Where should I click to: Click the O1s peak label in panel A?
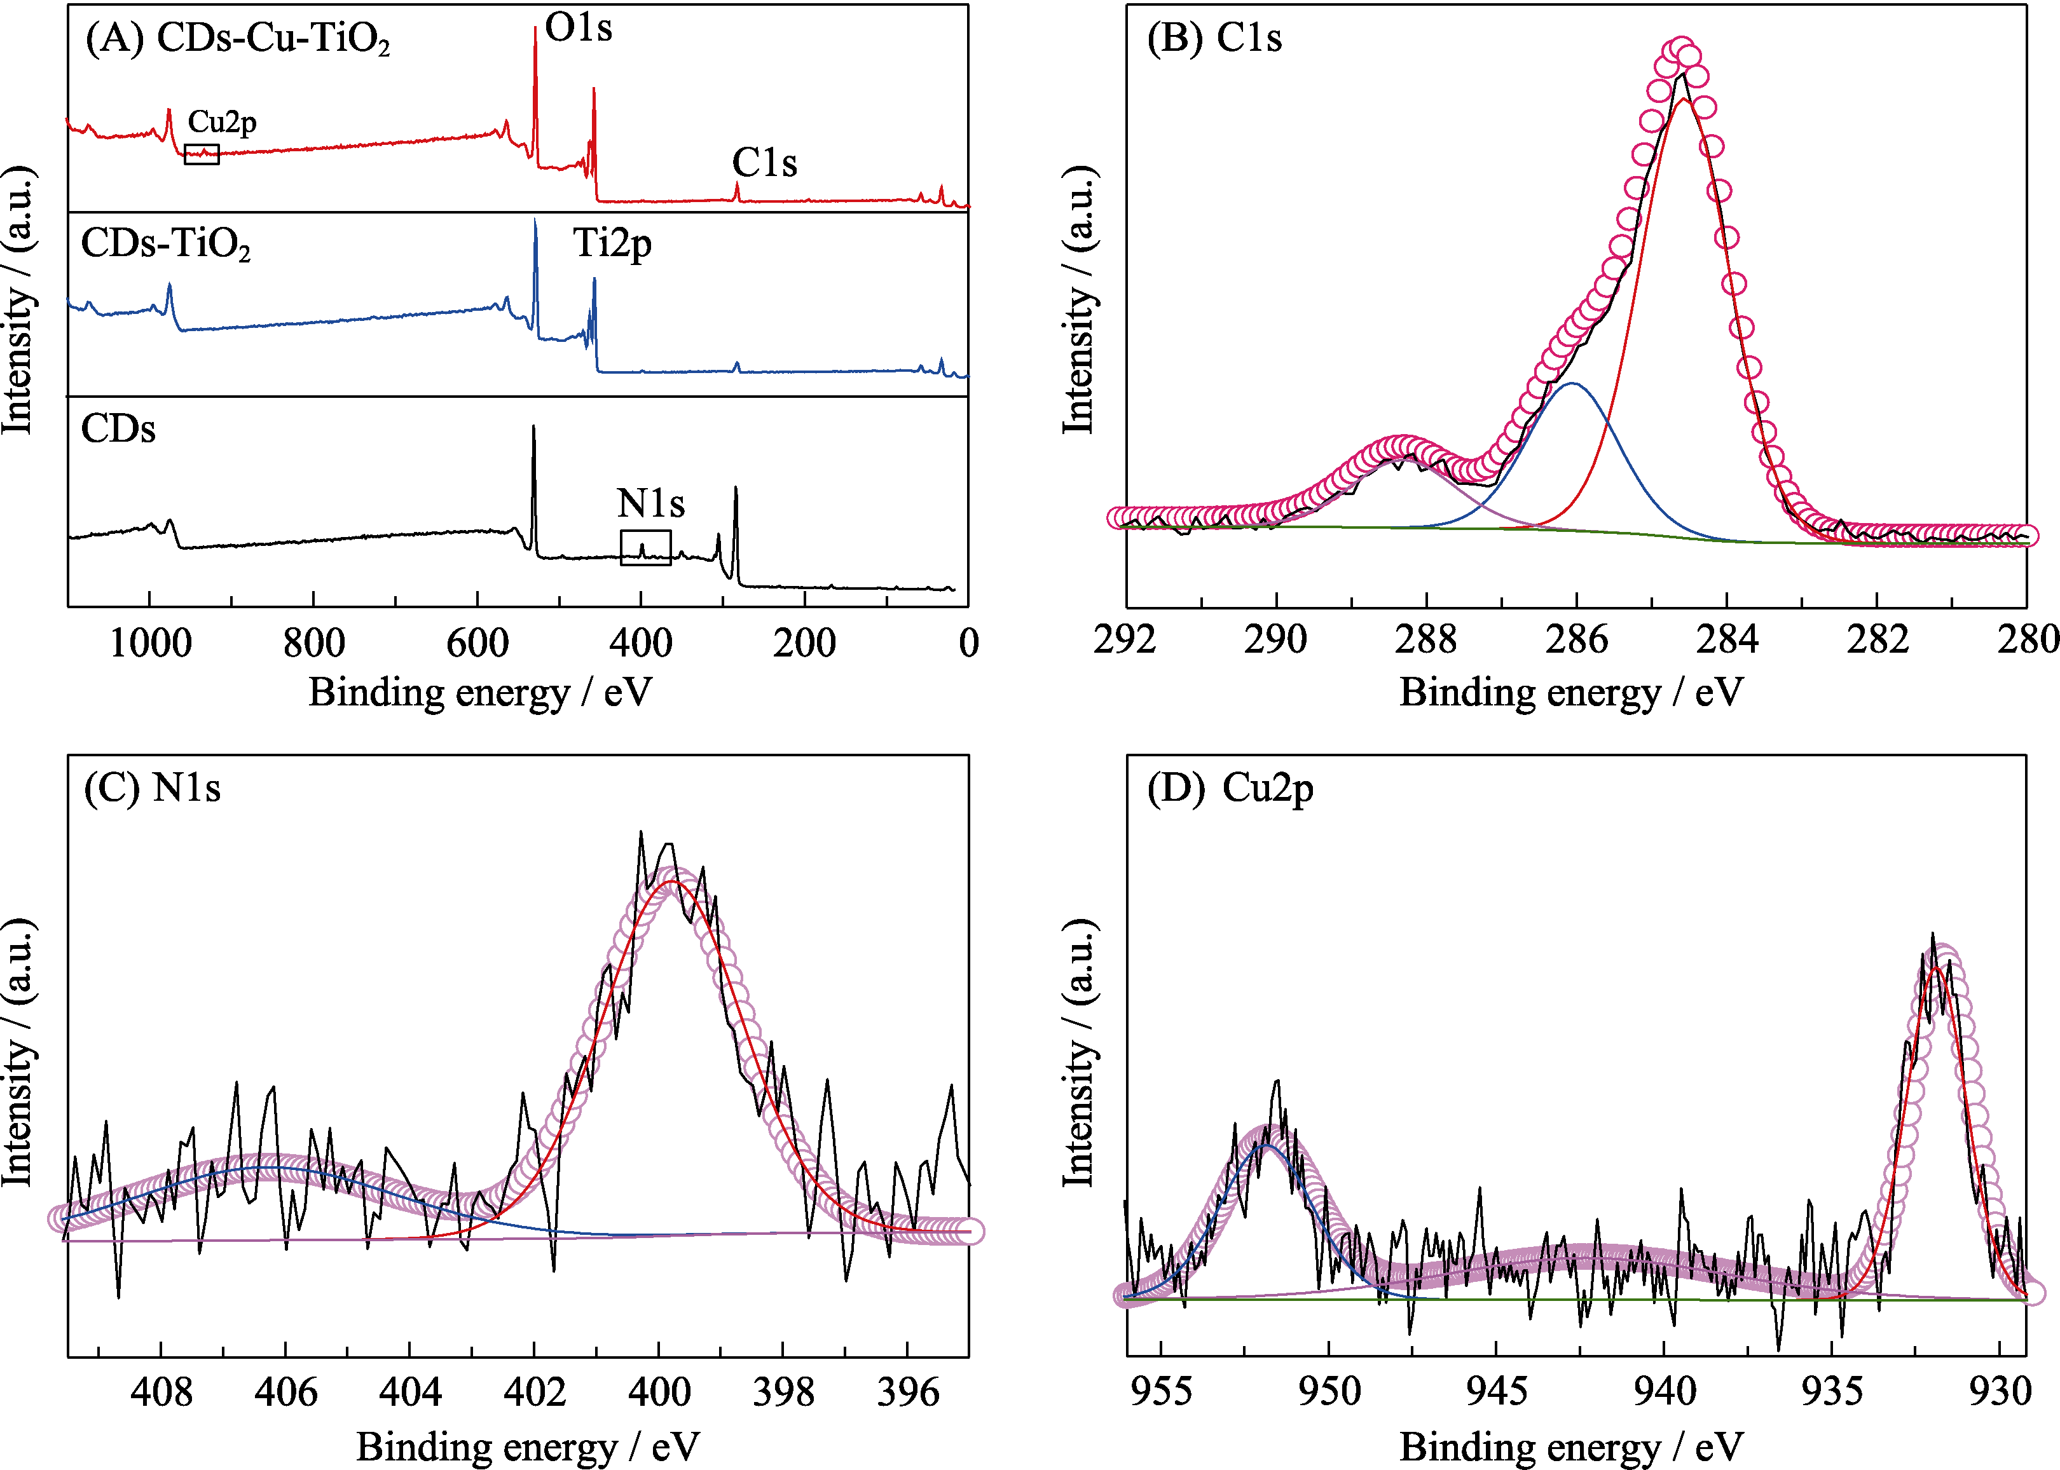579,29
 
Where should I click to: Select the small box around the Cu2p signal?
201,154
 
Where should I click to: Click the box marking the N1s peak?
645,548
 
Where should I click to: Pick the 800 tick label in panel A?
313,644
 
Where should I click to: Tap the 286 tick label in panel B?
1576,640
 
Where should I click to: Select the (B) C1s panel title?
1214,38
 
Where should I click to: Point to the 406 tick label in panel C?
285,1392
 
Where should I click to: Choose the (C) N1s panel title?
152,787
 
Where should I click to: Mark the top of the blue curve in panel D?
1267,1146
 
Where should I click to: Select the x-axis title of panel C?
528,1446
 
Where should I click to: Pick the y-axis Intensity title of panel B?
1078,299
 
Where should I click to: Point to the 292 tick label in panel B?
1125,640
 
